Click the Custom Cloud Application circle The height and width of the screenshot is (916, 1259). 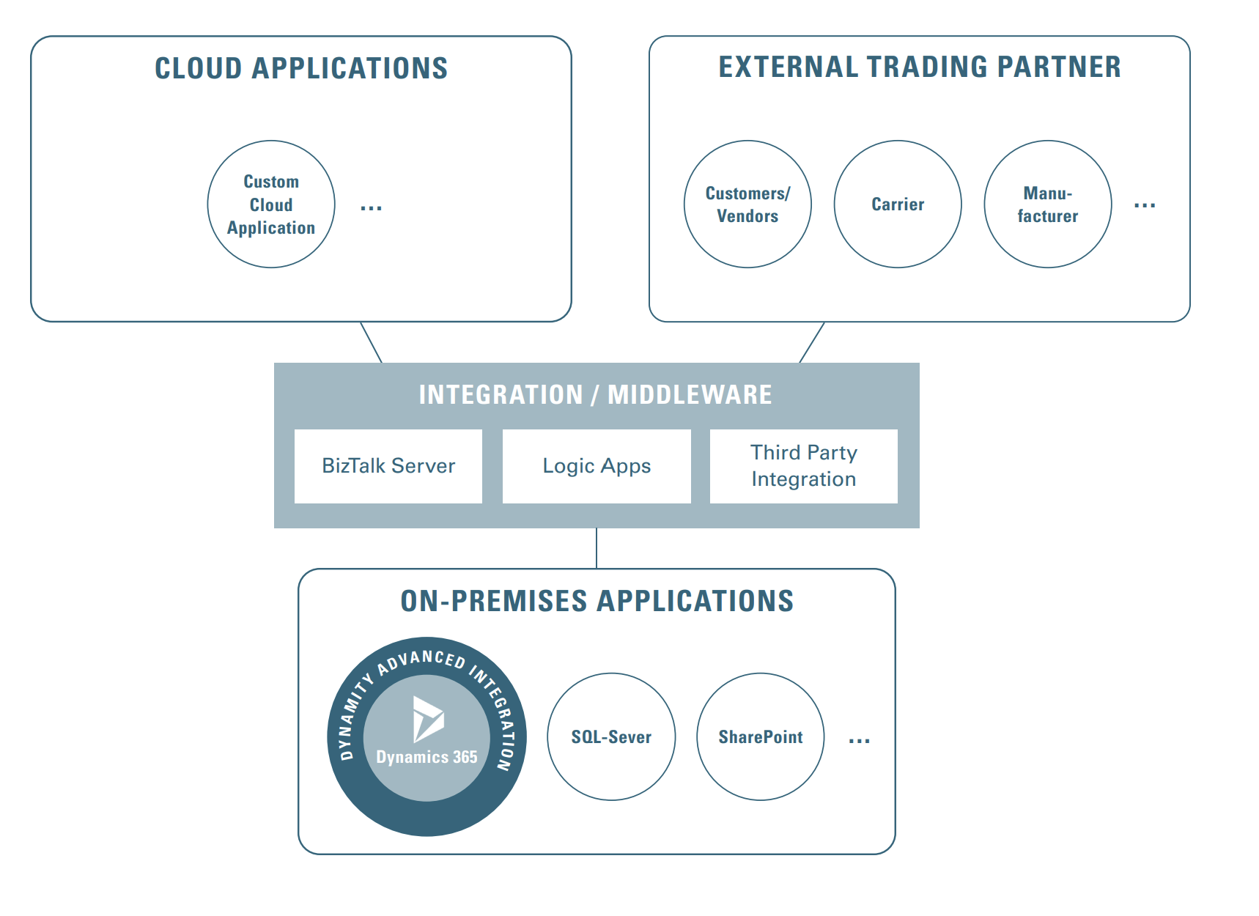click(x=271, y=204)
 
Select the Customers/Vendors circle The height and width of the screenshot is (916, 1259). click(x=747, y=204)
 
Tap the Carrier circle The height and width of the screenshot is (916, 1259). click(x=898, y=204)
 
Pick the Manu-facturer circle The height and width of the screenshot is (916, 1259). click(x=1047, y=204)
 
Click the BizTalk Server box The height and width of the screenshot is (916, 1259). click(x=388, y=466)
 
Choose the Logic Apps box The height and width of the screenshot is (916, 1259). click(x=597, y=466)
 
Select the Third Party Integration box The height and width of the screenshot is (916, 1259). click(x=803, y=466)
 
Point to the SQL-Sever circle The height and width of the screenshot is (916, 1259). click(x=611, y=736)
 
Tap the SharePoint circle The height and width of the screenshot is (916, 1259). click(x=761, y=736)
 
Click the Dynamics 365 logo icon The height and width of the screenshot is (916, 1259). click(x=427, y=719)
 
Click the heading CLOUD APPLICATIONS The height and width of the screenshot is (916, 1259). click(x=301, y=68)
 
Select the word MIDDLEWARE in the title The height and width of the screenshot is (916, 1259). click(x=690, y=394)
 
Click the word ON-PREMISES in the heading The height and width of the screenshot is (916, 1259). click(x=493, y=601)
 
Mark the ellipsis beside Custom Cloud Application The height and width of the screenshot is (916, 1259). click(x=371, y=208)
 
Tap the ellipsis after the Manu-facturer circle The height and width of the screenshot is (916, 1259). click(x=1144, y=206)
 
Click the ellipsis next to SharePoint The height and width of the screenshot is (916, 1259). click(x=859, y=741)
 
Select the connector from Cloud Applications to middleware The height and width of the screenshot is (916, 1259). click(x=372, y=342)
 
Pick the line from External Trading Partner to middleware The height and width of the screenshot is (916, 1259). click(x=812, y=342)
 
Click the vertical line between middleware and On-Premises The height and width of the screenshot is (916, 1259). click(x=597, y=548)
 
